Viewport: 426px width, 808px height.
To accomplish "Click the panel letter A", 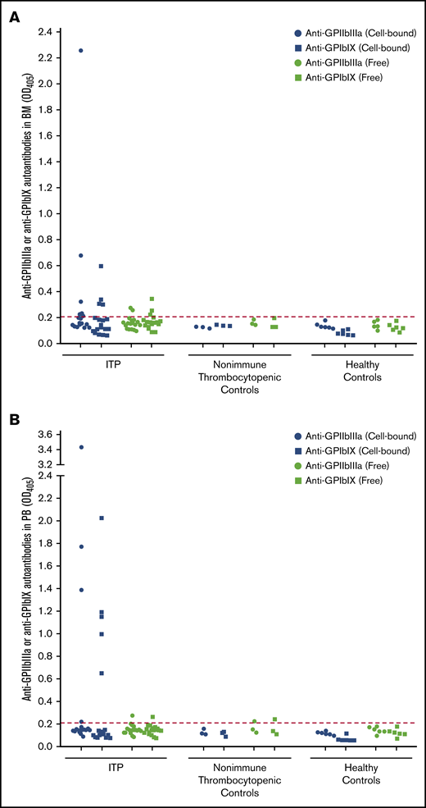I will pos(14,16).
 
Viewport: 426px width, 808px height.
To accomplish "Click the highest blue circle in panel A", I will pos(80,50).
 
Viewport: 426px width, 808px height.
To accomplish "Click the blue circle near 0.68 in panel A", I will pos(80,256).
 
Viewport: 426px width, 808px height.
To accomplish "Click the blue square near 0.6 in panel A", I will pos(101,266).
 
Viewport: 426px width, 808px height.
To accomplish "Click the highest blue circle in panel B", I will pos(80,447).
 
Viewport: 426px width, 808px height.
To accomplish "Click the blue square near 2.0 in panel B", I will pos(101,518).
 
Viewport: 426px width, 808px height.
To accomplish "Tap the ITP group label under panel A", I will pos(111,367).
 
